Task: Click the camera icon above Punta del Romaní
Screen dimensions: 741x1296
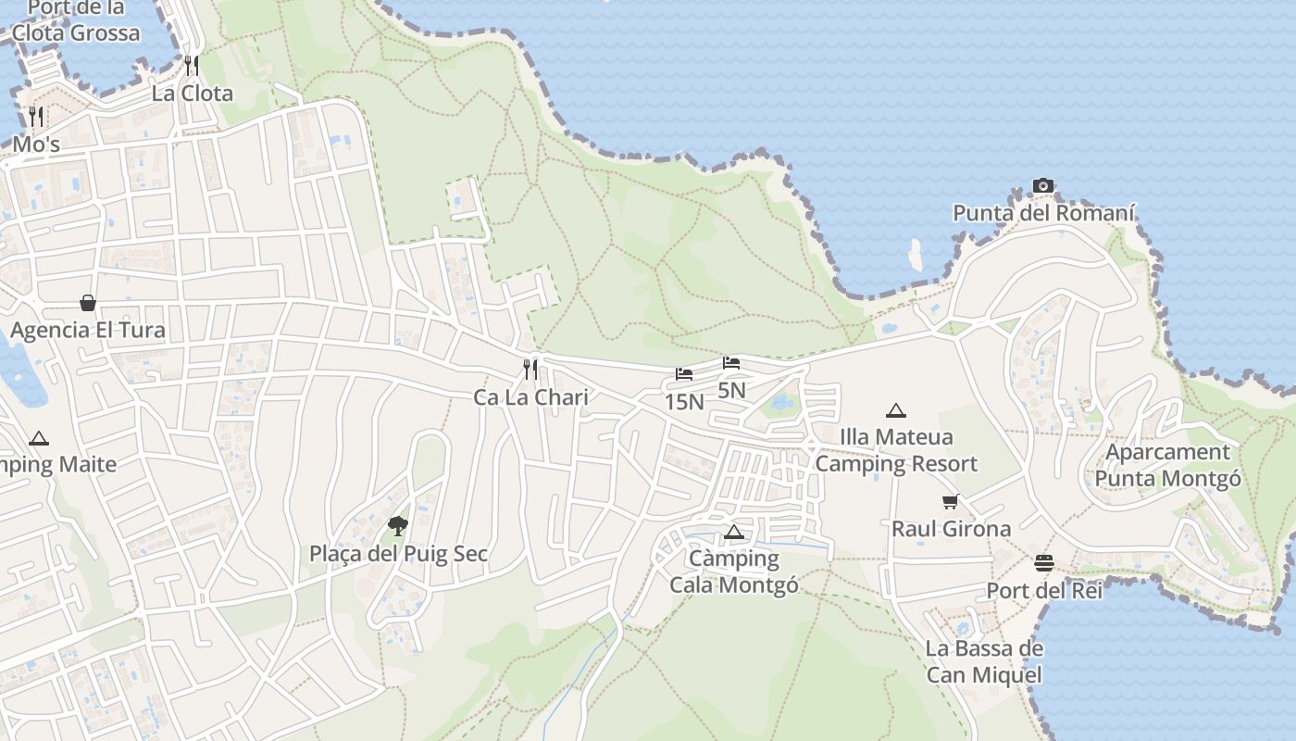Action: point(1043,186)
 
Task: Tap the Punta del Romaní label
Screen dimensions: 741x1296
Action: point(1043,214)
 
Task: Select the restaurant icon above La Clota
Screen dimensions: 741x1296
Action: point(192,65)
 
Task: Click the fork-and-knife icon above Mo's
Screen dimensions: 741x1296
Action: point(36,117)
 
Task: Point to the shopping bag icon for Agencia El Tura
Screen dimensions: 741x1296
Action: point(88,303)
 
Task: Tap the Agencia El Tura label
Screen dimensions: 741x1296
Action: point(88,331)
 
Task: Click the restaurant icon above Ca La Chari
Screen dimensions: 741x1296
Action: point(530,370)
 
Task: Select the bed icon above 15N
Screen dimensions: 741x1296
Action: point(684,374)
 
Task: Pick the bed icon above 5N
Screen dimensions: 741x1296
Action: point(731,363)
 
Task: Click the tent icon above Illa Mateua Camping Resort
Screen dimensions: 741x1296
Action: point(895,410)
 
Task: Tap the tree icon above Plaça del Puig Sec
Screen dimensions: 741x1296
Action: point(398,526)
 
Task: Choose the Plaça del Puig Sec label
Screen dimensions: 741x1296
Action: point(398,555)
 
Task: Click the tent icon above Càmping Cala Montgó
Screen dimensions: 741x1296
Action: point(734,532)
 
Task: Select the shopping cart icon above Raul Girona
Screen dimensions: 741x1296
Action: point(951,502)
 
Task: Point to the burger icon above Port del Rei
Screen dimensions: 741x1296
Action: point(1044,563)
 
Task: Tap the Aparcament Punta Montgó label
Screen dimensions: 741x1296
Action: point(1168,466)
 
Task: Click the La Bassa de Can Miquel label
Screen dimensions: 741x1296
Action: point(985,662)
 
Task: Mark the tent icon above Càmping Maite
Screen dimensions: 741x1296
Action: point(39,438)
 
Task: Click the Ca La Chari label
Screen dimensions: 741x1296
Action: point(530,398)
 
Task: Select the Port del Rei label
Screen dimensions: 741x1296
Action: point(1044,591)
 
